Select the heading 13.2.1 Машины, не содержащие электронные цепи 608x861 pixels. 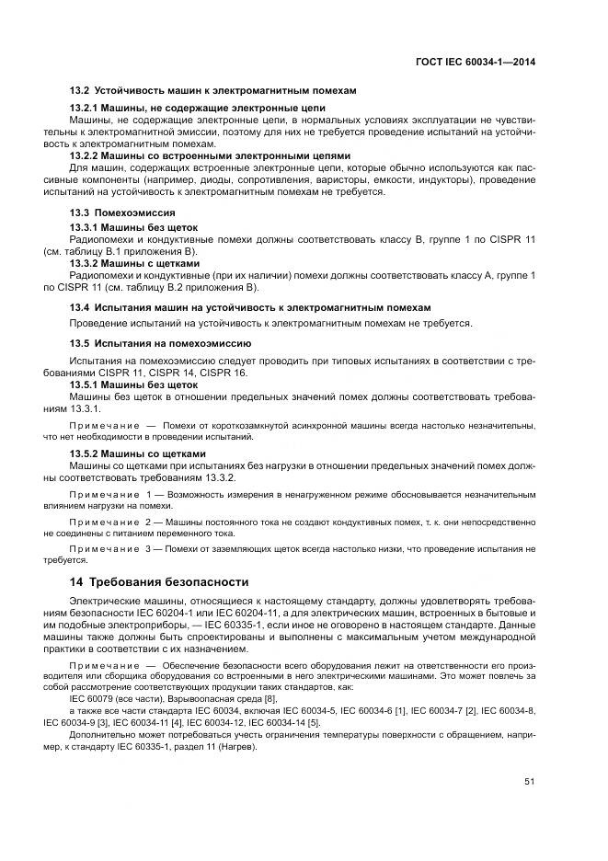(198, 109)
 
